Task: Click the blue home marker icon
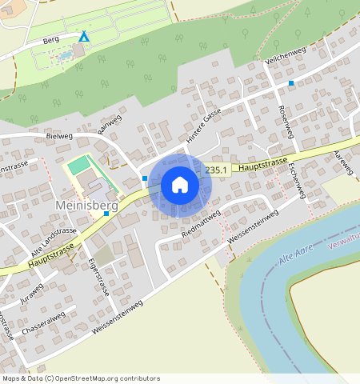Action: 180,186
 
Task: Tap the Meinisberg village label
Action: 86,206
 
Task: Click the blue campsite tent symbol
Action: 84,36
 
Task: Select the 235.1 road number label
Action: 216,170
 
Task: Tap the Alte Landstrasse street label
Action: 48,238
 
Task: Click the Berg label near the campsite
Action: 51,38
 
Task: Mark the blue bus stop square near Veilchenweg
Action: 291,83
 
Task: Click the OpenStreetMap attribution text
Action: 81,378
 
